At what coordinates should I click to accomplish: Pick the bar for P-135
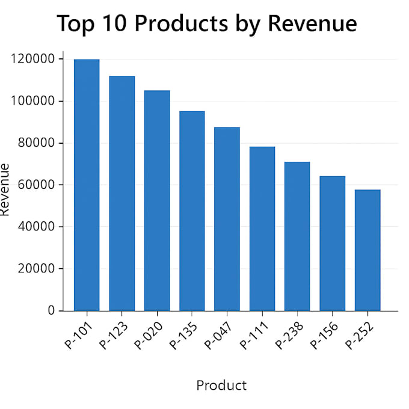pos(192,211)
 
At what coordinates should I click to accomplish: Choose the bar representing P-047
pos(227,219)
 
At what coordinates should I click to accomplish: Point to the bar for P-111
pos(262,229)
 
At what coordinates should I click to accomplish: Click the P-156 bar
pos(332,244)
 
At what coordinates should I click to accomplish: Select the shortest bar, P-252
pos(367,250)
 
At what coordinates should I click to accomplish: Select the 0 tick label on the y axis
pos(52,311)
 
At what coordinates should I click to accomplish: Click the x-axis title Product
pos(221,386)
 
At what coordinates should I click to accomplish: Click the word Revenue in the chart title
pos(312,23)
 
